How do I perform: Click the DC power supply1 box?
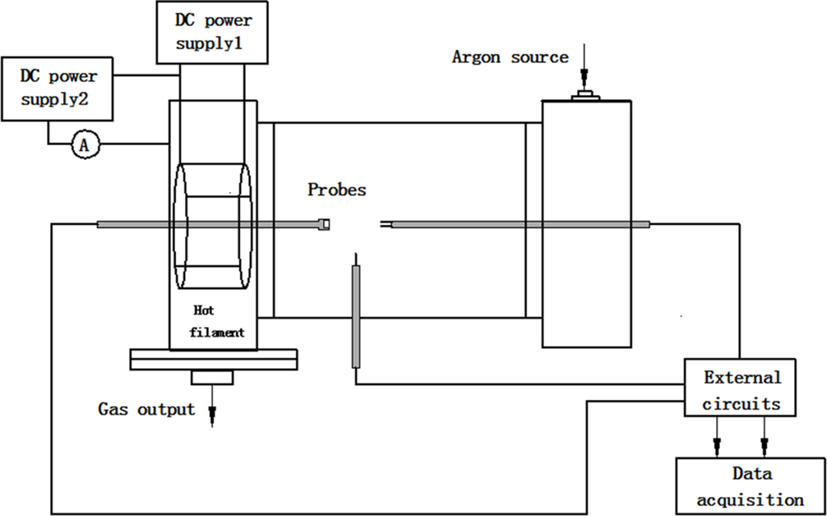212,33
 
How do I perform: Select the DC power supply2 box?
57,89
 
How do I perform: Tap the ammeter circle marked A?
84,144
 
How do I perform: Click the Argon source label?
510,57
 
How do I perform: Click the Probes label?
337,190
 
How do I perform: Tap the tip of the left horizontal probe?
324,224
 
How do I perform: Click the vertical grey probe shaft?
356,316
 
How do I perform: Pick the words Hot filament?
216,322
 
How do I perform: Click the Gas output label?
146,409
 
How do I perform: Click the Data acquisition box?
750,485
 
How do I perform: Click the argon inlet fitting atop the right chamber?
586,95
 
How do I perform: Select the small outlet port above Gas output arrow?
212,377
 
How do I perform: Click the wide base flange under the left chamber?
213,359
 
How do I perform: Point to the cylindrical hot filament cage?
211,226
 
